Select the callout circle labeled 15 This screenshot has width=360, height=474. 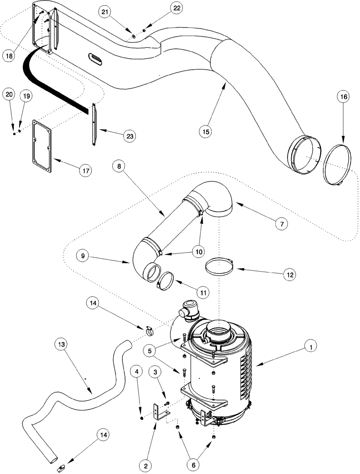tap(205, 130)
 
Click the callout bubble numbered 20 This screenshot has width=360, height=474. tap(9, 94)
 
